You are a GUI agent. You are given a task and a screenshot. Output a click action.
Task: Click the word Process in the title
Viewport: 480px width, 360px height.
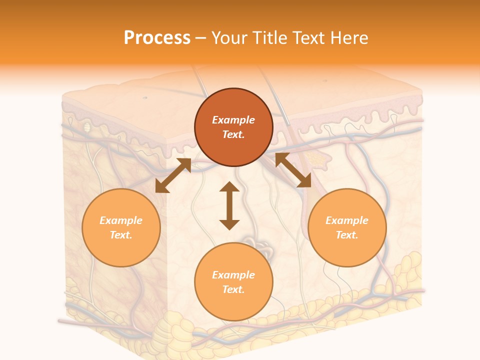(157, 38)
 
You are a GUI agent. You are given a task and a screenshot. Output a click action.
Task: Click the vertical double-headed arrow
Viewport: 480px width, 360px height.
(229, 206)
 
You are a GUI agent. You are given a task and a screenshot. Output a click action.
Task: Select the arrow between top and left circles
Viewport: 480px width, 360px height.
(173, 175)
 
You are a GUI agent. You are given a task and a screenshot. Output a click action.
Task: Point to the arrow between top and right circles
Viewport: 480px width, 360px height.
(293, 170)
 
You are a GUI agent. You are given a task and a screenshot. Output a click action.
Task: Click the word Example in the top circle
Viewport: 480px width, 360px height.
(233, 120)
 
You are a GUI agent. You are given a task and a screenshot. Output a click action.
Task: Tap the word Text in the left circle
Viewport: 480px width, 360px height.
(121, 235)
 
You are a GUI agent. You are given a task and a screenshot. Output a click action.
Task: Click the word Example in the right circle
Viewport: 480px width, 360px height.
(347, 220)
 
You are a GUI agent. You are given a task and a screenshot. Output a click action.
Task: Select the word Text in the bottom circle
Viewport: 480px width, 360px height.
(233, 289)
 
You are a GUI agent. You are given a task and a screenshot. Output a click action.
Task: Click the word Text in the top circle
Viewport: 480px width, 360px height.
(233, 134)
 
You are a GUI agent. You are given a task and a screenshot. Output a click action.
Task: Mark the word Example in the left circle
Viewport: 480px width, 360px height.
(121, 220)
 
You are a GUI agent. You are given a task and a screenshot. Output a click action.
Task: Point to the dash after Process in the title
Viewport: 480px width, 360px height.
(200, 38)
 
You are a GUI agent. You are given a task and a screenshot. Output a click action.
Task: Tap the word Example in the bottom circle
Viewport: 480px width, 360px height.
(233, 275)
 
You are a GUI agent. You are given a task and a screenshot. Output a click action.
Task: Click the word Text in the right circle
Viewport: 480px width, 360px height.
(347, 235)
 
